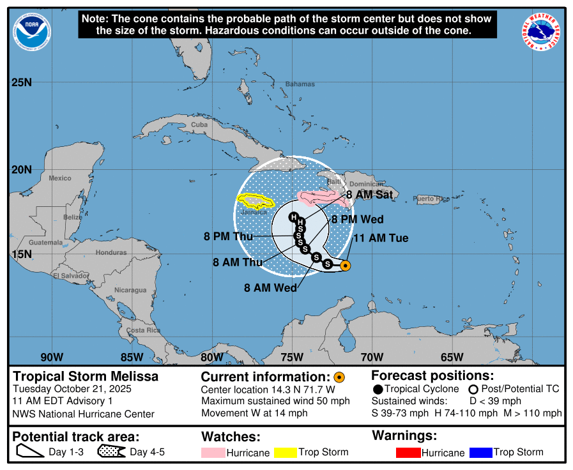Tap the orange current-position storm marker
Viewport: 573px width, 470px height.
[x=345, y=266]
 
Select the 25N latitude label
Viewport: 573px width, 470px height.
[x=22, y=82]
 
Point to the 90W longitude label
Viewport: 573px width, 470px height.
[x=52, y=357]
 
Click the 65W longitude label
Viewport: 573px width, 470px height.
[x=452, y=357]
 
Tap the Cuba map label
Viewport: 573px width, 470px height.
[x=199, y=125]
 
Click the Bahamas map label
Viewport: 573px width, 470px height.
[x=300, y=84]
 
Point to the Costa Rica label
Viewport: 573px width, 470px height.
[x=143, y=330]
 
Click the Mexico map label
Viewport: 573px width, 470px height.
[x=60, y=178]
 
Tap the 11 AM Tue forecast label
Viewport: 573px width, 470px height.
[x=381, y=238]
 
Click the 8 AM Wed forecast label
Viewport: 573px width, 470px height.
[x=270, y=287]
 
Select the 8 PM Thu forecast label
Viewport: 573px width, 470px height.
[x=227, y=236]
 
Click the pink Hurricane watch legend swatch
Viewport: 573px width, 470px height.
[x=213, y=453]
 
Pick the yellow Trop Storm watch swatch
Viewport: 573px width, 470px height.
[x=286, y=453]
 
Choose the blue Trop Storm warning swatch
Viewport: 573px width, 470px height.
[x=480, y=453]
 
